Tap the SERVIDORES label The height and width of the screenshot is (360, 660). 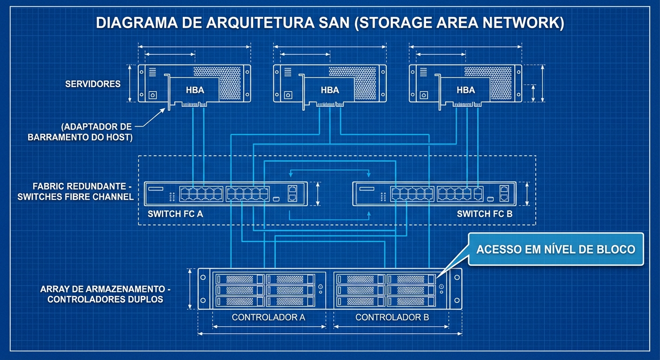[x=93, y=84]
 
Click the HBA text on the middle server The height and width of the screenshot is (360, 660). [x=330, y=90]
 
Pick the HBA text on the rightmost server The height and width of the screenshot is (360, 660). [x=465, y=90]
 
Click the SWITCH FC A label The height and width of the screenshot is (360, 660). [x=175, y=214]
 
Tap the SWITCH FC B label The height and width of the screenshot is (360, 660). [x=485, y=214]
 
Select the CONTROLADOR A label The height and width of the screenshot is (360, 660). [x=268, y=317]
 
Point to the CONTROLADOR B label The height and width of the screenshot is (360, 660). [x=392, y=317]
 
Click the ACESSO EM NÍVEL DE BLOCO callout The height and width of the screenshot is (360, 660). [x=555, y=249]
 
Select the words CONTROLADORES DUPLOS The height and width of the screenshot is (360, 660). [x=105, y=299]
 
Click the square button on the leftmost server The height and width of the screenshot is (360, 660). [x=152, y=95]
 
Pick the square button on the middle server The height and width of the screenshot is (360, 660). [x=287, y=95]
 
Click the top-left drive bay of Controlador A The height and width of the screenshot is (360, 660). [x=239, y=279]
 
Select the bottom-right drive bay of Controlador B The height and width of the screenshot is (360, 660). [x=410, y=301]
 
